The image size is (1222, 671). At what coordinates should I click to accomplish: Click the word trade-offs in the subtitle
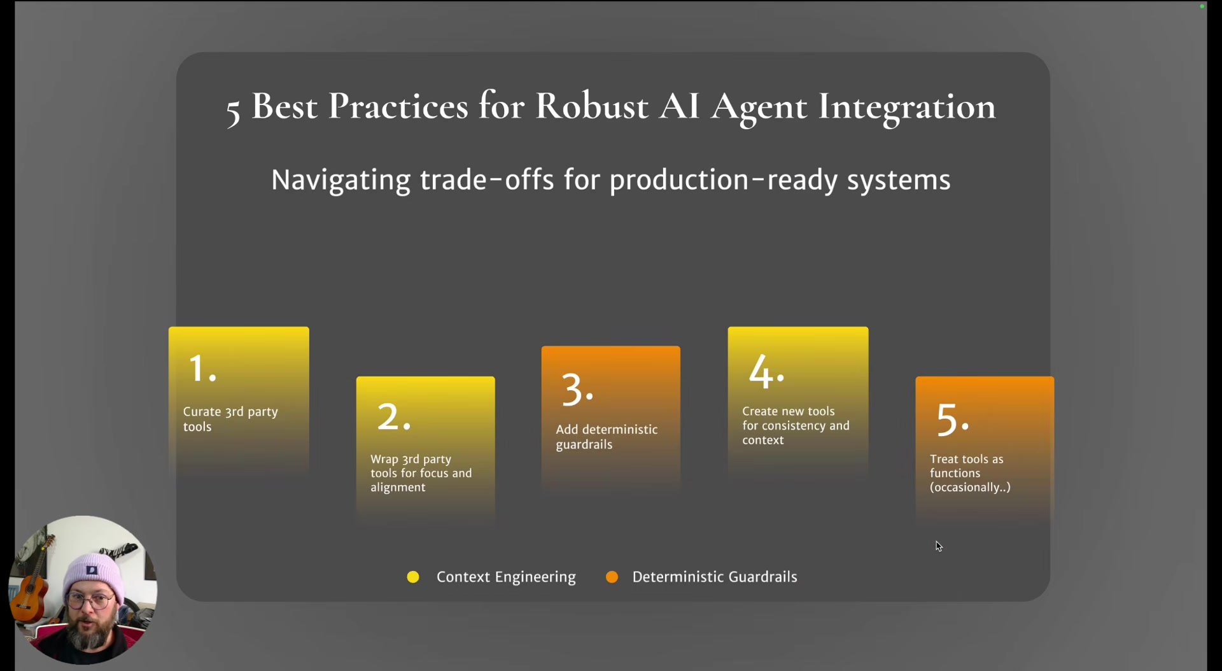(487, 180)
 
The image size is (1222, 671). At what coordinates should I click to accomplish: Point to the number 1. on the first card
(202, 369)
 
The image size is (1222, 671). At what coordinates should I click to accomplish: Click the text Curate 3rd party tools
(230, 419)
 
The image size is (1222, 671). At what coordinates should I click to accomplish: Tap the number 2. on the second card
(393, 418)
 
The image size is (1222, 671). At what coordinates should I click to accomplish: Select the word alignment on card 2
(398, 488)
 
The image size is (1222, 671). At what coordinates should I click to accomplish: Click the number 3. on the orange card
(577, 390)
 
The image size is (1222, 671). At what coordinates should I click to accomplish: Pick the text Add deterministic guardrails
(606, 437)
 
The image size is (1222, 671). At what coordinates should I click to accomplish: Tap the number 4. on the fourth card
(766, 371)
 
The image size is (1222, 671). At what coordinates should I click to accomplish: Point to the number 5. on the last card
(952, 420)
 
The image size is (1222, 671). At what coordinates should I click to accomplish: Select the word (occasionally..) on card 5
(969, 488)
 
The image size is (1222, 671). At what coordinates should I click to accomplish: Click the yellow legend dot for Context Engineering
(413, 577)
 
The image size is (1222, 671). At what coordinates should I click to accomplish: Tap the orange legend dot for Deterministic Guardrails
(612, 577)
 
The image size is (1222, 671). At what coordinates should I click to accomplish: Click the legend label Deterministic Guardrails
(714, 577)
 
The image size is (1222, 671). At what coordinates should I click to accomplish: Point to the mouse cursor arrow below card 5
(938, 546)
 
